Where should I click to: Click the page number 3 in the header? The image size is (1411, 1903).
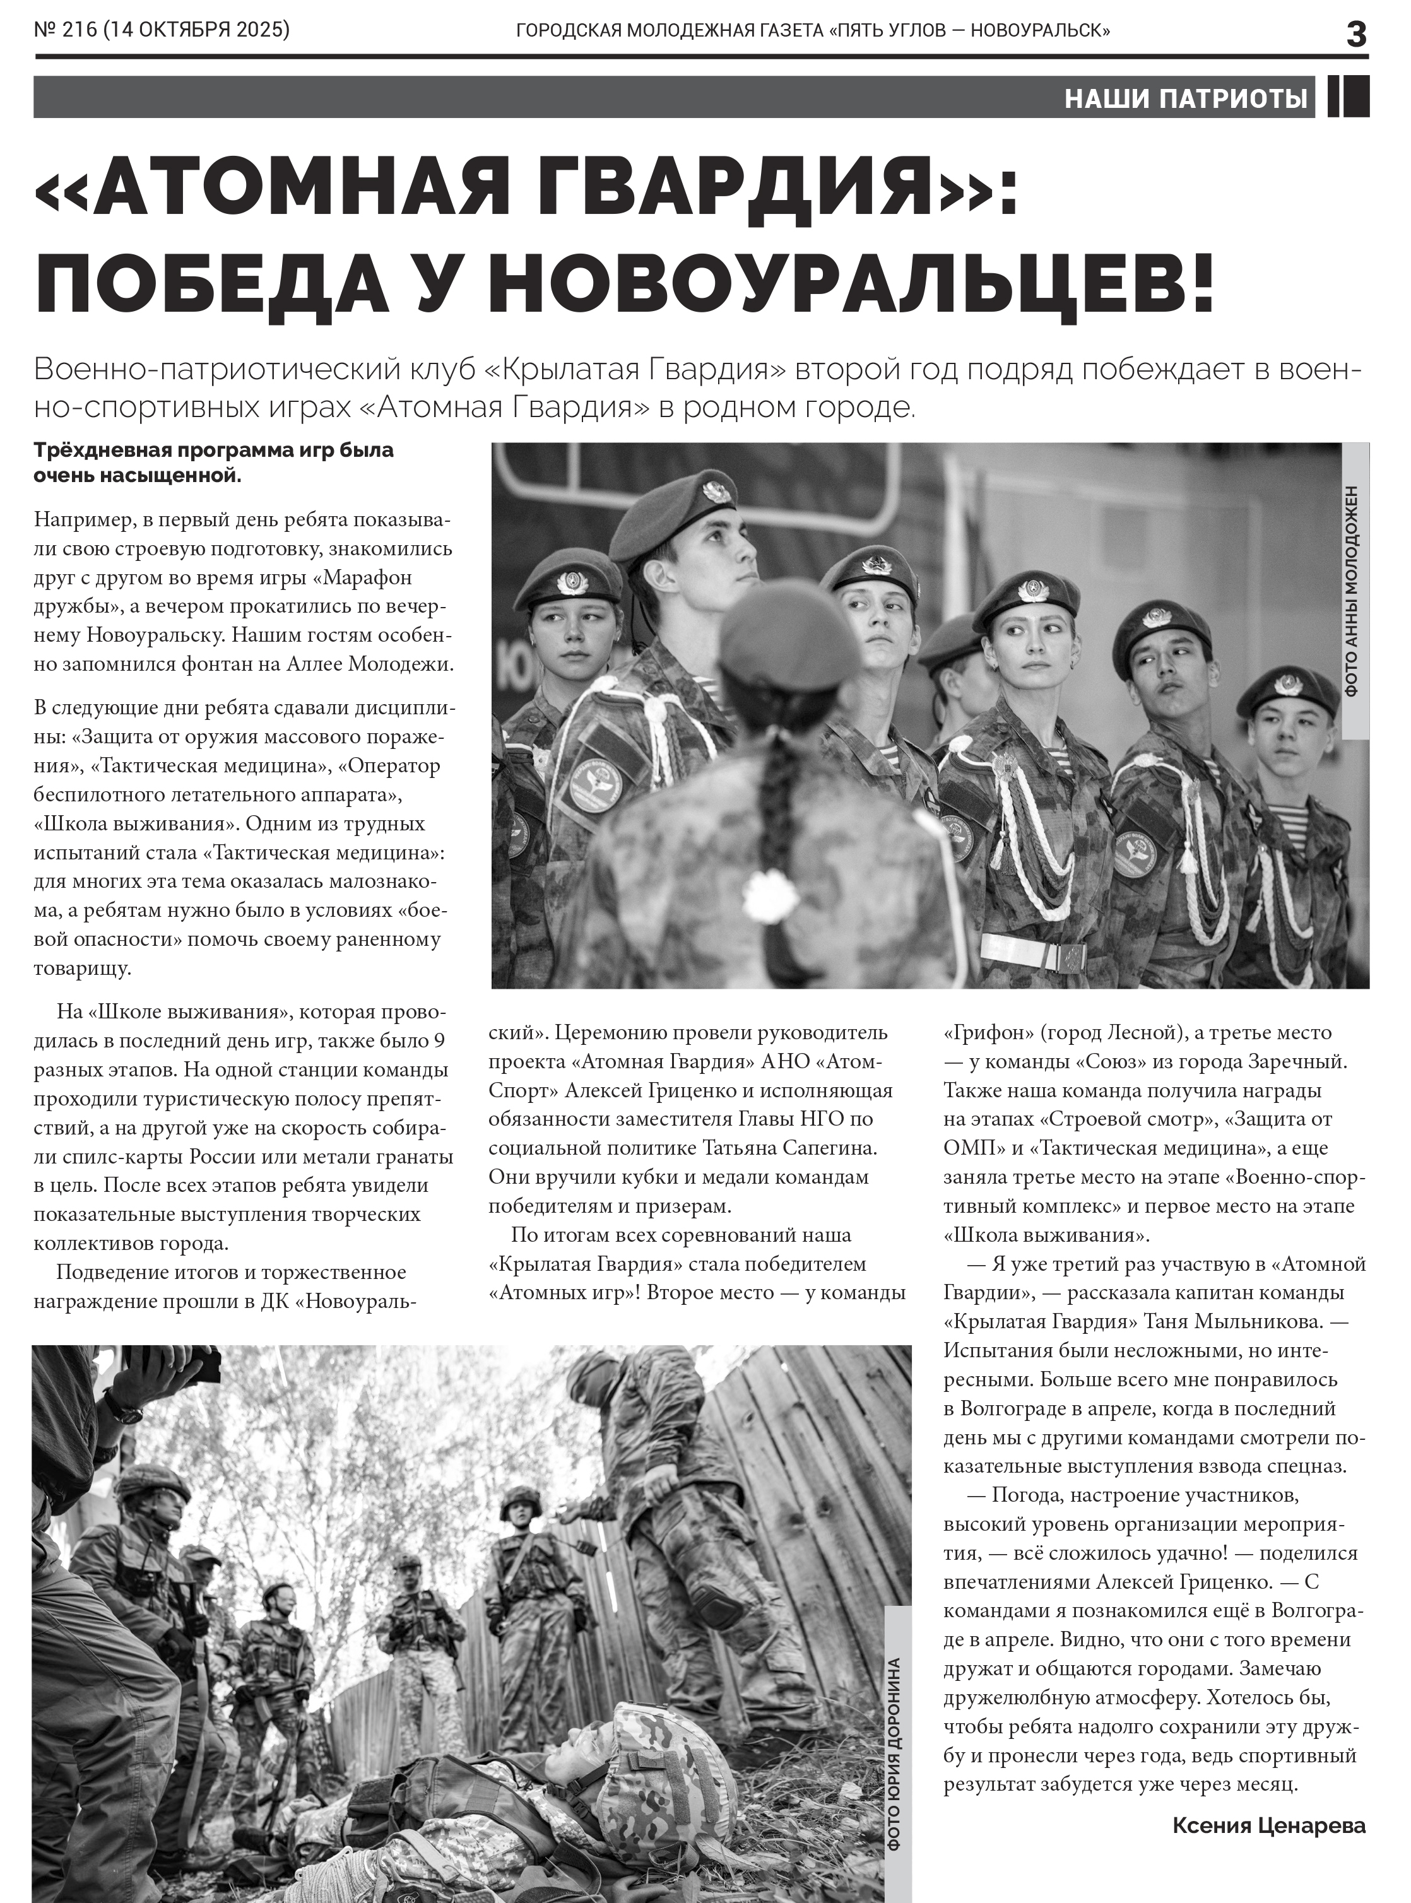point(1355,34)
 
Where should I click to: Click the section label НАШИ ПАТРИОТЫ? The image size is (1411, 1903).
point(1186,99)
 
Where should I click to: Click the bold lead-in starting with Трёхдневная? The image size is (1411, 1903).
point(213,462)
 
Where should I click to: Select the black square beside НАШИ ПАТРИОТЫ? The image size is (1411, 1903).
point(1348,97)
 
